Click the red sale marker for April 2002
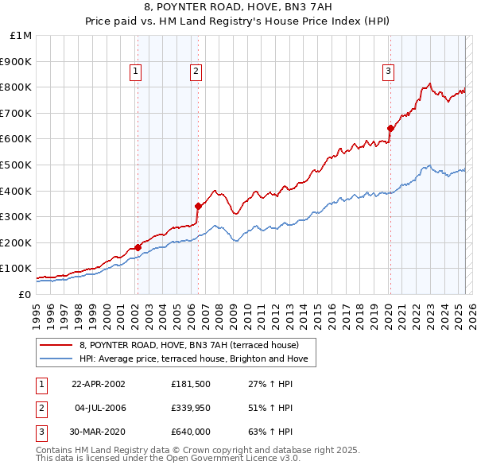[138, 247]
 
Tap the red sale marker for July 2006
[197, 206]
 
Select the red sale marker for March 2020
[390, 128]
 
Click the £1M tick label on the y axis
[21, 35]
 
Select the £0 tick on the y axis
[24, 294]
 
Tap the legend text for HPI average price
[198, 359]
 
